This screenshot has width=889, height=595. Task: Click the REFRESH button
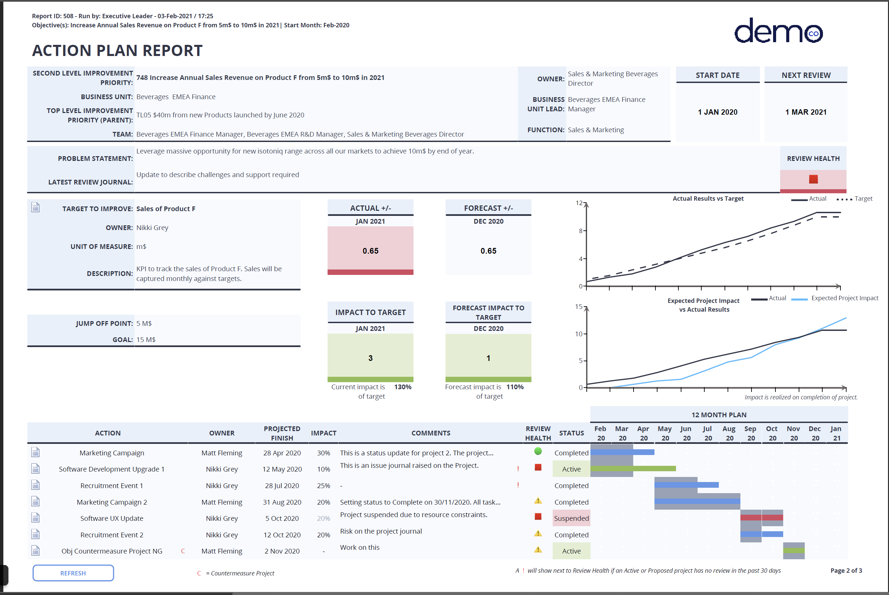click(x=73, y=573)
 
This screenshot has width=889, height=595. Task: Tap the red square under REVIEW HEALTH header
click(x=813, y=179)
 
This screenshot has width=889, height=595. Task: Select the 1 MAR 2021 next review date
click(x=806, y=112)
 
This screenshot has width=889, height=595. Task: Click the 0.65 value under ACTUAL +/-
click(x=370, y=251)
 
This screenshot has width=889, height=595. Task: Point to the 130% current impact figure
click(x=403, y=387)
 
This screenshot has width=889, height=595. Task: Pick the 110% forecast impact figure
click(x=515, y=387)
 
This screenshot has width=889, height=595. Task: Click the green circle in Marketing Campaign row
click(x=538, y=451)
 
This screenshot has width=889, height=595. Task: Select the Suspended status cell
click(x=571, y=518)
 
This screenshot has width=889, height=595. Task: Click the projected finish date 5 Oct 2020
click(x=282, y=518)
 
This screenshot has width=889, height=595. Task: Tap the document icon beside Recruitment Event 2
click(x=35, y=534)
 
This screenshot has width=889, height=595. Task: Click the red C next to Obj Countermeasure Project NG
click(x=183, y=551)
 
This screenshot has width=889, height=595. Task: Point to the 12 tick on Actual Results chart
click(x=579, y=203)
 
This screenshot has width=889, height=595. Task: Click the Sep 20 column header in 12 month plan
click(x=750, y=433)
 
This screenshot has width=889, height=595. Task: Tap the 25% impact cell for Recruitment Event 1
click(x=324, y=486)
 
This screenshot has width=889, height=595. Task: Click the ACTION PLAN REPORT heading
click(x=117, y=51)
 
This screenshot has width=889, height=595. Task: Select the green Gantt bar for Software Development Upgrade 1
click(x=633, y=469)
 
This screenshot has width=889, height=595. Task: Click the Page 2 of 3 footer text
click(x=846, y=570)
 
